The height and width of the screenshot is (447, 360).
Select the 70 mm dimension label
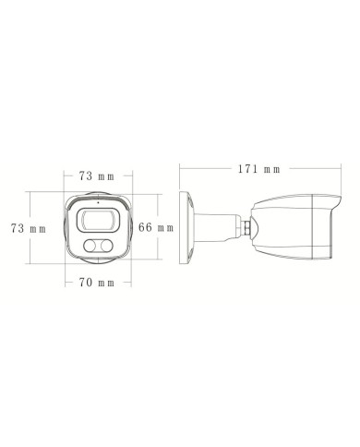click(x=96, y=281)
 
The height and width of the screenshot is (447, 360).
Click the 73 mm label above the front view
click(x=96, y=175)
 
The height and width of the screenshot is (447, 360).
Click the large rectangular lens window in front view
click(x=96, y=219)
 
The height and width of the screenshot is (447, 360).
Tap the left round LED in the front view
click(x=90, y=245)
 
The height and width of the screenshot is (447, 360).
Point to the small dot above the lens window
click(x=97, y=203)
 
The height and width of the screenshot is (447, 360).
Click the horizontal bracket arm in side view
click(x=222, y=225)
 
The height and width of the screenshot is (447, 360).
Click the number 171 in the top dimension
click(x=246, y=170)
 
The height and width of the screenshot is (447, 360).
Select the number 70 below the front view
click(x=85, y=281)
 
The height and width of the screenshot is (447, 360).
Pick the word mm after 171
click(x=271, y=170)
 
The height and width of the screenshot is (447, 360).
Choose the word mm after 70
click(x=107, y=281)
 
